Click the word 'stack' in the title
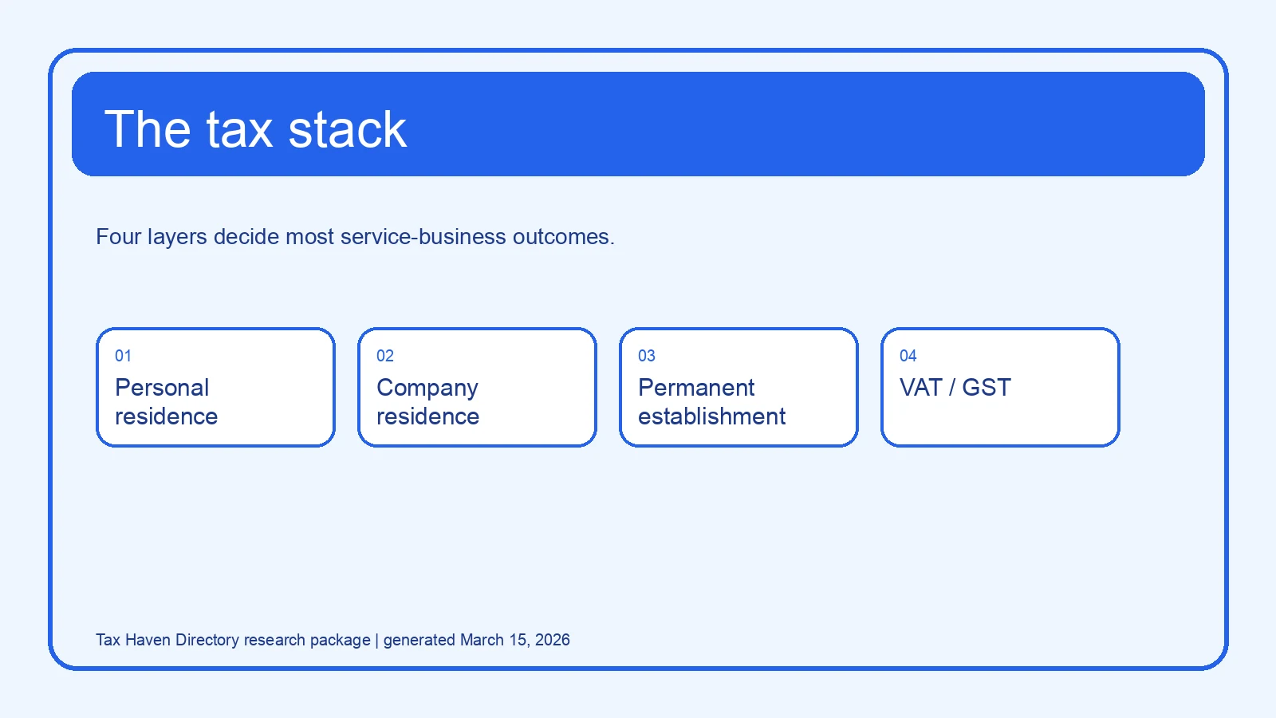[x=348, y=129]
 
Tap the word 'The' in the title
[x=148, y=129]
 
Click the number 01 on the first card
[x=123, y=356]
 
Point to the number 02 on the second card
[x=385, y=356]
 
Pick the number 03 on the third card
[x=647, y=356]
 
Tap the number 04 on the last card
[x=908, y=356]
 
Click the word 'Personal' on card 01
[x=163, y=388]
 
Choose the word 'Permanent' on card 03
[x=696, y=388]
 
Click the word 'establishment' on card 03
[x=711, y=416]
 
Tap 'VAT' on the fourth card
[x=921, y=388]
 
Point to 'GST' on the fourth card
[x=987, y=388]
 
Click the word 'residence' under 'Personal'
[x=167, y=416]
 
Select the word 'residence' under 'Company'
[x=427, y=416]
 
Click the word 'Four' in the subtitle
[x=119, y=236]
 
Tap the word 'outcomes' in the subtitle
[x=561, y=237]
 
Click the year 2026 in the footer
[x=552, y=640]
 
